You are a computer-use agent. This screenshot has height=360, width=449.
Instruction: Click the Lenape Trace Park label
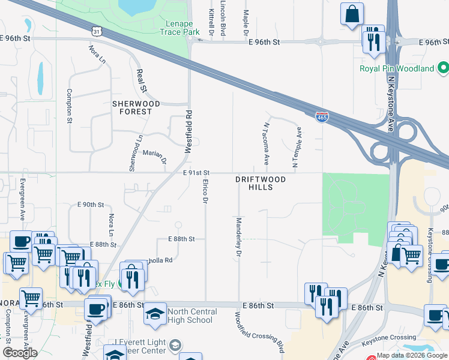click(x=166, y=27)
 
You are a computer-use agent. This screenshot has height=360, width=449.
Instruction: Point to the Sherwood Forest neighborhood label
click(x=136, y=108)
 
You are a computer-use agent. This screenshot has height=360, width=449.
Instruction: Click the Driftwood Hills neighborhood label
click(x=260, y=183)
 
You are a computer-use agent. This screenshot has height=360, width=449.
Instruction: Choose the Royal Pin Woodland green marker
click(x=441, y=68)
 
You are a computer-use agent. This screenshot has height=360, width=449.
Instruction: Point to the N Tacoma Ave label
click(x=266, y=144)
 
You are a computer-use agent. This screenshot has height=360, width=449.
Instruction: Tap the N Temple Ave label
click(x=296, y=146)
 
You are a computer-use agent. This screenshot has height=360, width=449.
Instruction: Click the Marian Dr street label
click(x=154, y=155)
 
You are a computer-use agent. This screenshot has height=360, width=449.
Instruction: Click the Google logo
click(x=20, y=352)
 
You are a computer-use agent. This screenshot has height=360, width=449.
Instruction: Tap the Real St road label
click(x=143, y=80)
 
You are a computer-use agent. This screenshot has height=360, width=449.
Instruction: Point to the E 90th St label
click(x=91, y=205)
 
